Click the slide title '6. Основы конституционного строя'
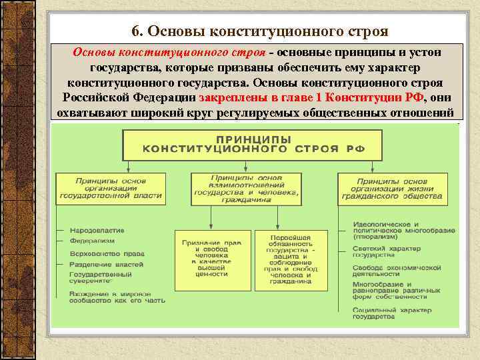[x=259, y=31]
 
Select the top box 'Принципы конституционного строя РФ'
[x=252, y=144]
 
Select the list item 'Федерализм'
[x=94, y=241]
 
